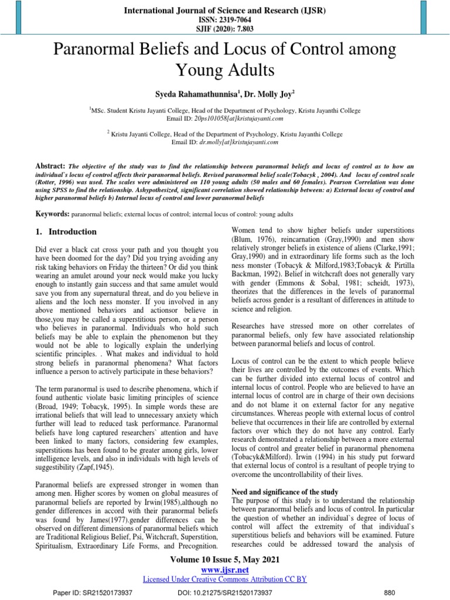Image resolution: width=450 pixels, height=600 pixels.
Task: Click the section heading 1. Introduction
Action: (66, 231)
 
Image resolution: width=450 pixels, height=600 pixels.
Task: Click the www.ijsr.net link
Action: (225, 569)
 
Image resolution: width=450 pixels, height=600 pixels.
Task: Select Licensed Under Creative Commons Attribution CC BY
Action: (225, 579)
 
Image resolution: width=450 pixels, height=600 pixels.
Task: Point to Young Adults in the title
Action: (225, 71)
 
